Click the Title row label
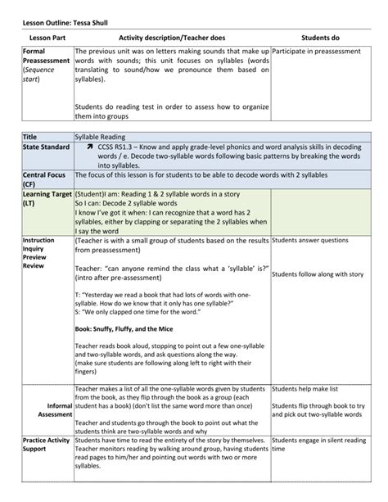tap(30, 135)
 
